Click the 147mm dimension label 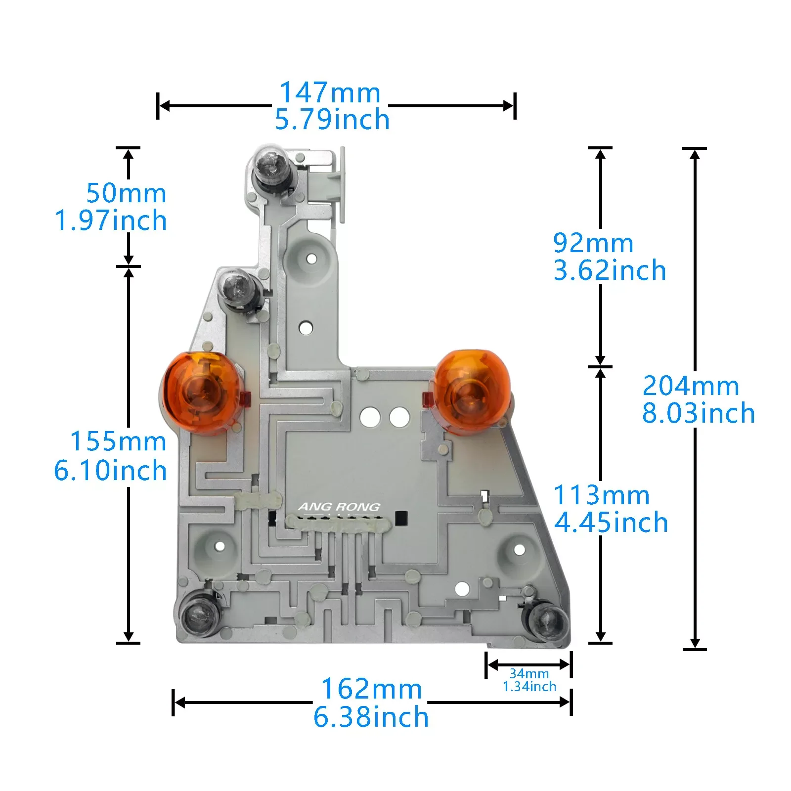[x=330, y=92]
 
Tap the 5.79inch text [x=332, y=120]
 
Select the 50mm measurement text [x=126, y=193]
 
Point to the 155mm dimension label [x=118, y=441]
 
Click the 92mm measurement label [x=593, y=243]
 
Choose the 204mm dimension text [x=691, y=386]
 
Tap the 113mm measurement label [x=601, y=495]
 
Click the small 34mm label [x=529, y=673]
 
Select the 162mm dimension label [x=371, y=689]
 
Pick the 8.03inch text [x=699, y=413]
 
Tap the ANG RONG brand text [x=339, y=507]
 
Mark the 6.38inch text [x=371, y=717]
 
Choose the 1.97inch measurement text [x=111, y=220]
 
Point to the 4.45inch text [x=611, y=523]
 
